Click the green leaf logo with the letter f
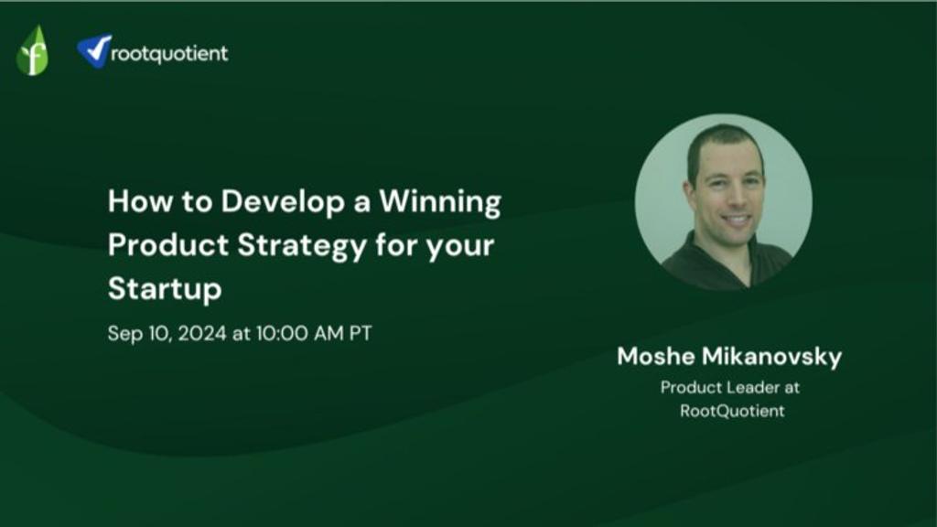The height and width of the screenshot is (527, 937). pos(32,51)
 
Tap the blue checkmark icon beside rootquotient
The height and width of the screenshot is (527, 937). pos(94,51)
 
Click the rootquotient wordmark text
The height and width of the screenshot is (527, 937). pos(169,54)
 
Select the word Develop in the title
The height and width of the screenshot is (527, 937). pos(284,202)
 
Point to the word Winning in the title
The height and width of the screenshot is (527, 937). pos(440,202)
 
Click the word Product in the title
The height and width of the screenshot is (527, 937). pos(168,245)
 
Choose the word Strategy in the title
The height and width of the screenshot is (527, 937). pos(302,246)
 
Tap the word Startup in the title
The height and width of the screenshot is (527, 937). pos(165,289)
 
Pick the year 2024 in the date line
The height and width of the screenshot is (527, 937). pos(202,333)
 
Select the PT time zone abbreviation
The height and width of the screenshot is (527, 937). pos(361,333)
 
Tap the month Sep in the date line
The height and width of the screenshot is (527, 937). pos(124,333)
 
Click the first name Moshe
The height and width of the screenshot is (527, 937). pos(655,357)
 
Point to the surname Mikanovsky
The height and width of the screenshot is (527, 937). pos(771,357)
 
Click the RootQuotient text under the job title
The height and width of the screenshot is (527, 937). pos(732,411)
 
